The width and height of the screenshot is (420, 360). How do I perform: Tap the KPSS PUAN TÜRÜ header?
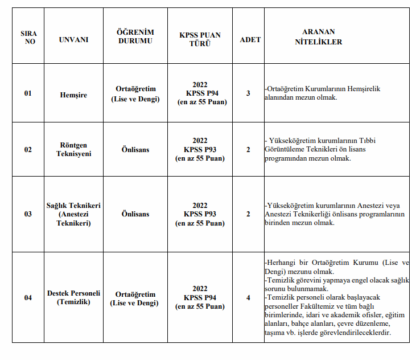pyautogui.click(x=200, y=40)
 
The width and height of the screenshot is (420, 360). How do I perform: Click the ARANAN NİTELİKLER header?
pyautogui.click(x=319, y=37)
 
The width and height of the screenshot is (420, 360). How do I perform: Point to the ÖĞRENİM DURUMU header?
pyautogui.click(x=135, y=37)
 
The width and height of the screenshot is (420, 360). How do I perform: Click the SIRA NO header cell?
pyautogui.click(x=28, y=38)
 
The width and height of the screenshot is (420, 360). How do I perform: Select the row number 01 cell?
pyautogui.click(x=28, y=93)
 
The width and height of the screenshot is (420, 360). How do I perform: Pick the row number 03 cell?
pyautogui.click(x=28, y=214)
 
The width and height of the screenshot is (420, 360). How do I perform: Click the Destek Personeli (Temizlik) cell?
pyautogui.click(x=73, y=297)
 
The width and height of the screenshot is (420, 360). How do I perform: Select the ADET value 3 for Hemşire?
pyautogui.click(x=248, y=93)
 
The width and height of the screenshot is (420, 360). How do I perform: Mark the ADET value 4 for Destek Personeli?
pyautogui.click(x=248, y=297)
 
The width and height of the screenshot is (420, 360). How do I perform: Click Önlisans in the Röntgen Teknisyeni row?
pyautogui.click(x=135, y=149)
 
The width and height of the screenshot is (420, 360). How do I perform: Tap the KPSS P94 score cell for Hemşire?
pyautogui.click(x=200, y=93)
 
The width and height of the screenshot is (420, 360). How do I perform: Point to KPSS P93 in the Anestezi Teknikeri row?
pyautogui.click(x=200, y=214)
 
